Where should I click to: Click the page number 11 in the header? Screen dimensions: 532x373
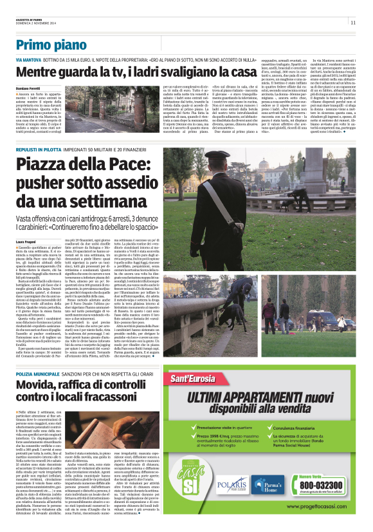(354, 23)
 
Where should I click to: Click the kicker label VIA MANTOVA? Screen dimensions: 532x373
(29, 59)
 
